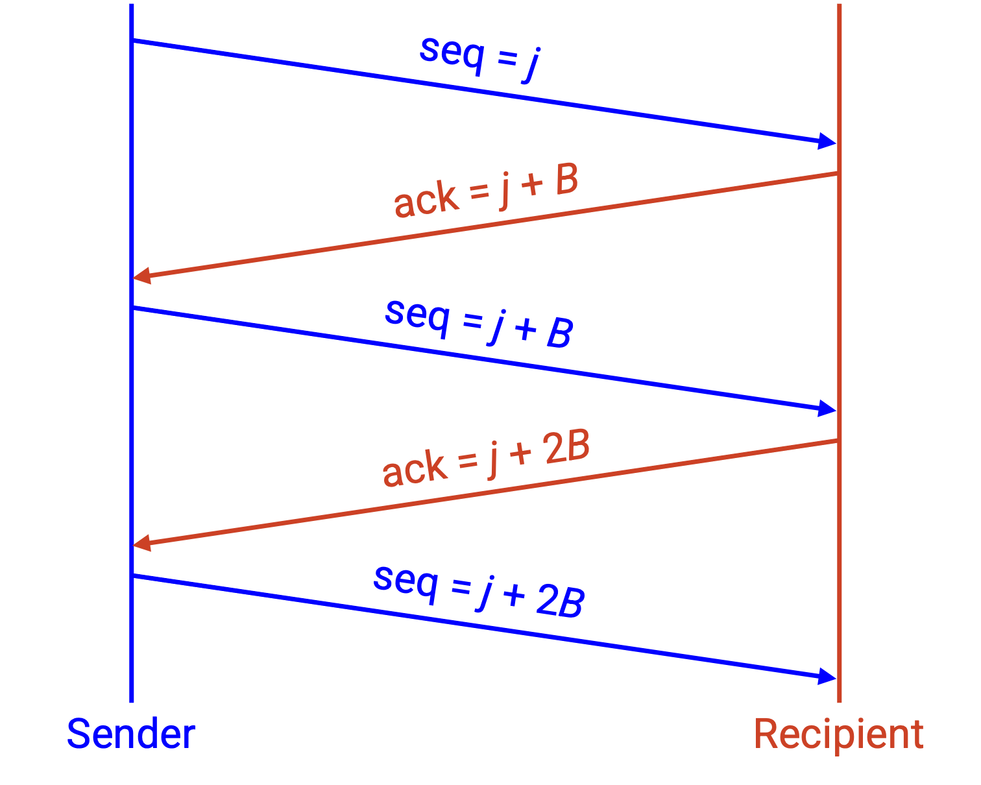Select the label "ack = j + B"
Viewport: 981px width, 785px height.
click(x=486, y=191)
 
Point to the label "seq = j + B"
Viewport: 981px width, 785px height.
click(x=479, y=324)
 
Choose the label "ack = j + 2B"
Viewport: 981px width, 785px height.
click(x=486, y=457)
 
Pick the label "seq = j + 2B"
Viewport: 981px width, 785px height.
click(x=479, y=592)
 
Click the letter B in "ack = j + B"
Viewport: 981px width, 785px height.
click(x=567, y=178)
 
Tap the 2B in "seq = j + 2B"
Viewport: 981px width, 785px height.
click(x=561, y=601)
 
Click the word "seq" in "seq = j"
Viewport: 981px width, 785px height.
click(x=452, y=54)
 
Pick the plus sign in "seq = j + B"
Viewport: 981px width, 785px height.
click(x=526, y=329)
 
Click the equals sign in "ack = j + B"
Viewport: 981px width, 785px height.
click(x=479, y=191)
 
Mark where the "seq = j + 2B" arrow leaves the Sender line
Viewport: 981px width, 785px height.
click(x=132, y=576)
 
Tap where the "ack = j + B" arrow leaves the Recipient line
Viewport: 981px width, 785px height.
click(x=838, y=173)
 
